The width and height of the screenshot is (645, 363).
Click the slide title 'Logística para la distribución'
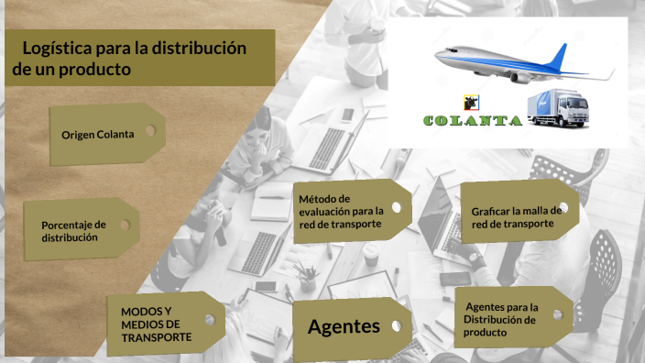coord(134,48)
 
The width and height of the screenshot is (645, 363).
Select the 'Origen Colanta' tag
coord(98,134)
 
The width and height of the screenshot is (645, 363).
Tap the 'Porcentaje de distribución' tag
coord(74,231)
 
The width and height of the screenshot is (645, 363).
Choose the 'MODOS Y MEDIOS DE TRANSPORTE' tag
coord(157,324)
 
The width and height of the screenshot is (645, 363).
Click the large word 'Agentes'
coord(344,325)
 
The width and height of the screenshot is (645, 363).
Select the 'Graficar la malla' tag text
coord(515,216)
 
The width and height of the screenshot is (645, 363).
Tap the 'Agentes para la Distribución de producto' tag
coord(502,320)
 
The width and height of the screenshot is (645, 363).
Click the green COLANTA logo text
coord(473,120)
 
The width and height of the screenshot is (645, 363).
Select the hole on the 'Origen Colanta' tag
coord(150,131)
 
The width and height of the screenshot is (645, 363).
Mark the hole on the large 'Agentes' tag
coord(397,324)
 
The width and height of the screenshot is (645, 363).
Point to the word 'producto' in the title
coord(94,69)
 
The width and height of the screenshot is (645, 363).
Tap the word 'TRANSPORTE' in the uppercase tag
coord(157,337)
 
